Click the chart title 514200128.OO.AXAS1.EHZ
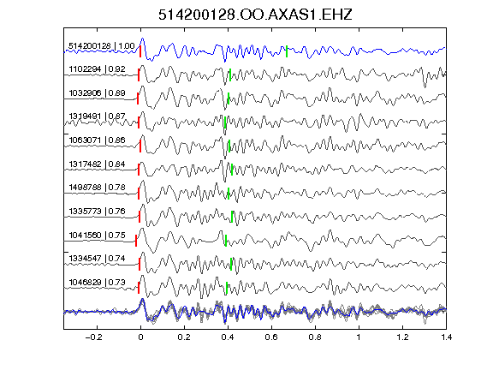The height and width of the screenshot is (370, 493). click(x=255, y=15)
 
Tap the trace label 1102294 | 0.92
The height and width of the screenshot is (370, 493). click(x=97, y=69)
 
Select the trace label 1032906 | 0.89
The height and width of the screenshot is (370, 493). click(x=97, y=93)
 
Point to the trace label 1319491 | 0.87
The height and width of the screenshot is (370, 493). click(x=97, y=116)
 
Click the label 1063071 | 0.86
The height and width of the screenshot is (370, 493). click(x=97, y=140)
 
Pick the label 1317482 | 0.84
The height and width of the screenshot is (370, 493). click(x=97, y=164)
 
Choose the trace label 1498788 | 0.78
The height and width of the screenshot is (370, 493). click(x=97, y=188)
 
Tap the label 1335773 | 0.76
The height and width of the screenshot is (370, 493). click(x=97, y=211)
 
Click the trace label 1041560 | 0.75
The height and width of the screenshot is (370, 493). click(x=97, y=235)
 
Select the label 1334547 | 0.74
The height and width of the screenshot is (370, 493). click(x=97, y=259)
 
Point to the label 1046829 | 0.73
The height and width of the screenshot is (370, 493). click(x=97, y=283)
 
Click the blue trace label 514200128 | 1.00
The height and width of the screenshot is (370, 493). click(x=102, y=46)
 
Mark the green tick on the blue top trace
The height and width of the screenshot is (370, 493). click(x=287, y=51)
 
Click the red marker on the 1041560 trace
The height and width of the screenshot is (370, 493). click(x=136, y=241)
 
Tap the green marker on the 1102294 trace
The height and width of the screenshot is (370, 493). click(x=230, y=75)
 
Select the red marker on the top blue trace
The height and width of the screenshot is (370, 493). click(x=140, y=51)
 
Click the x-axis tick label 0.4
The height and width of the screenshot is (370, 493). click(x=228, y=337)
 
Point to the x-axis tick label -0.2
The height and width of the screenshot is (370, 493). click(x=93, y=337)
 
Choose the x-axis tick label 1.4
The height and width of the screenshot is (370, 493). click(x=446, y=337)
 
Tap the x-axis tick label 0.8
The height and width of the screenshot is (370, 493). click(x=315, y=337)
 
